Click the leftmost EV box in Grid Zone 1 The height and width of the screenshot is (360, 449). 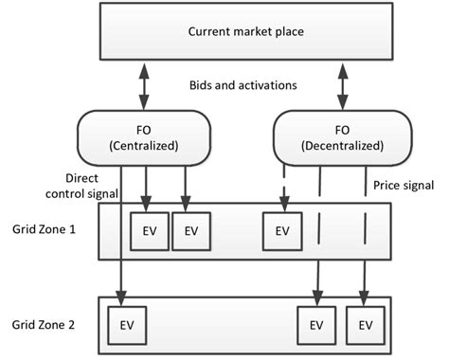click(x=148, y=230)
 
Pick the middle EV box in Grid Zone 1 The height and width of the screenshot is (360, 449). click(x=191, y=230)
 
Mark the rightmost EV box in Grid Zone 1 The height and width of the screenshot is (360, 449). click(x=281, y=230)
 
